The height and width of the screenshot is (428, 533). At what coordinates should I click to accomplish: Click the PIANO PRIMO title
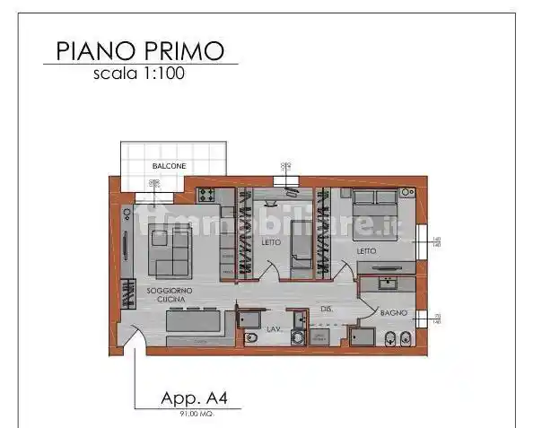[140, 50]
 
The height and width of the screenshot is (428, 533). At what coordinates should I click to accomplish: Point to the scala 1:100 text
[139, 74]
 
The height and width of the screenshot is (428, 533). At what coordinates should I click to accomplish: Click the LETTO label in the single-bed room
[271, 242]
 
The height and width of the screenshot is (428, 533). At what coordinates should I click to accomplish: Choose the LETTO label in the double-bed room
[366, 251]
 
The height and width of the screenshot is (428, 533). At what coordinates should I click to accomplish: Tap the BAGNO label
[394, 313]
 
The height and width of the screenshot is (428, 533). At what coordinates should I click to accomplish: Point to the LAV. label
[275, 330]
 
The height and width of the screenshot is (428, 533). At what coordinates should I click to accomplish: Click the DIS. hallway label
[327, 309]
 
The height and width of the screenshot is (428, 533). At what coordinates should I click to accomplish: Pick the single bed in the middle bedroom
[300, 239]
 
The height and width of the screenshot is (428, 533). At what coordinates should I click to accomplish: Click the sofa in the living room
[170, 251]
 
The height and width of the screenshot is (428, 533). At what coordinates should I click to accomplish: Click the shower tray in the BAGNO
[363, 336]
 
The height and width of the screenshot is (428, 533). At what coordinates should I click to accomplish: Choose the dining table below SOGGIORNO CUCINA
[194, 320]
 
